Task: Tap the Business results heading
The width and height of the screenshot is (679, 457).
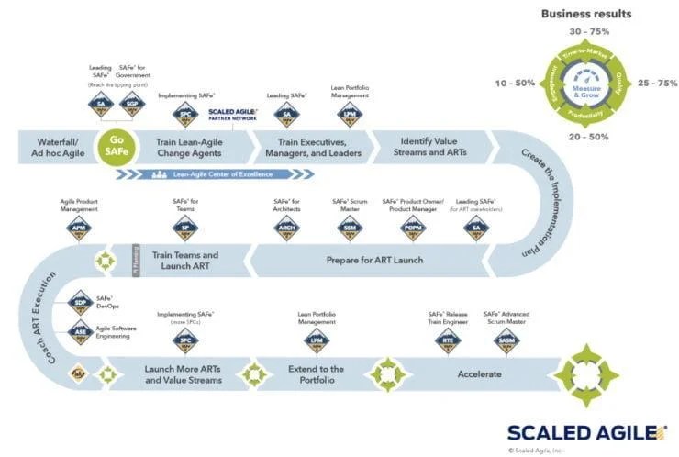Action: (x=585, y=14)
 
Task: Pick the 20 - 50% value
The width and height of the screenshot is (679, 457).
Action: (x=587, y=137)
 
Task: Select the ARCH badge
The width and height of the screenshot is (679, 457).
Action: (x=287, y=227)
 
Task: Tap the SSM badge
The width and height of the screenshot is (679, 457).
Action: (x=350, y=227)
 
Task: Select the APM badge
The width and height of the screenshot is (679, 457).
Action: (x=81, y=227)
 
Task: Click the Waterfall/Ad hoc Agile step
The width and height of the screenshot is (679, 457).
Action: (x=62, y=146)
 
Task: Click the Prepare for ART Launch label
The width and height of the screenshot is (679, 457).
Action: (x=373, y=261)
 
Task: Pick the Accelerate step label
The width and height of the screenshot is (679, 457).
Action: (x=479, y=374)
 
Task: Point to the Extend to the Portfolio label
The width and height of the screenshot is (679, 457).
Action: (x=317, y=374)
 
